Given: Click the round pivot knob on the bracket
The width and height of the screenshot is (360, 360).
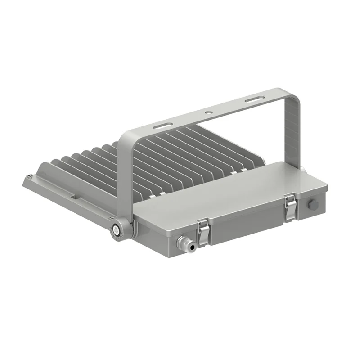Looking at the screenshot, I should (x=117, y=229).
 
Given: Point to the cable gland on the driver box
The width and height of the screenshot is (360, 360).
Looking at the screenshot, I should (x=185, y=243).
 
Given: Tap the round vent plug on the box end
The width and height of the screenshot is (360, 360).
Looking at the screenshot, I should (x=313, y=205).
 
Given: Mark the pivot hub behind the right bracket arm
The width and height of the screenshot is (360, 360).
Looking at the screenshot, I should (x=302, y=168).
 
